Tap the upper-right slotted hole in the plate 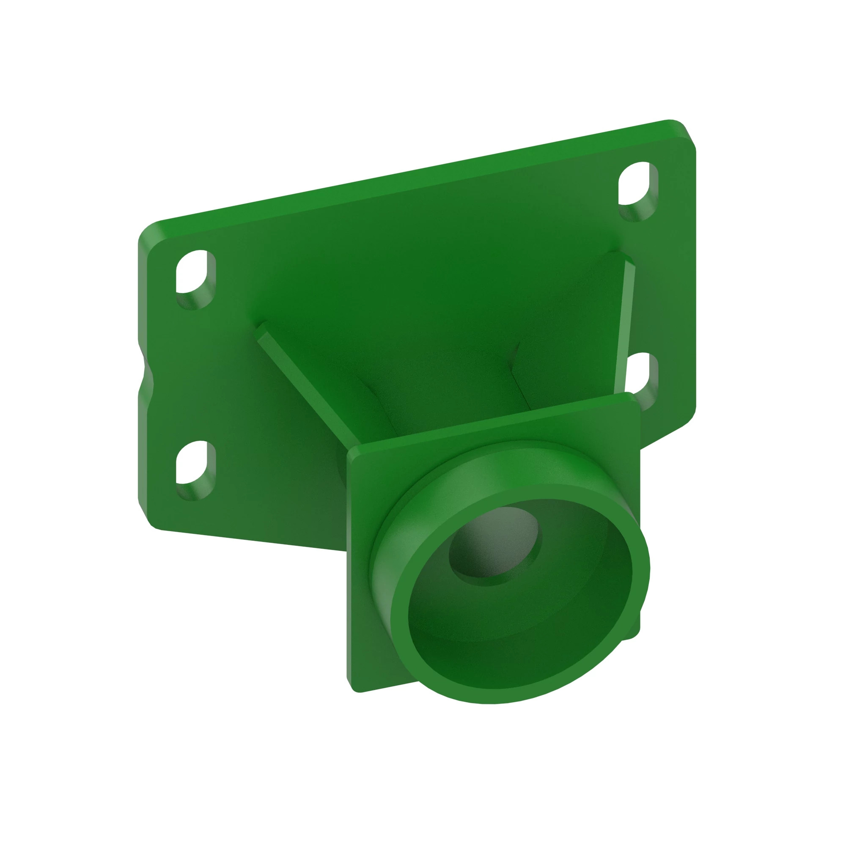tap(637, 188)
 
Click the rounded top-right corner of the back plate tap(683, 132)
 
